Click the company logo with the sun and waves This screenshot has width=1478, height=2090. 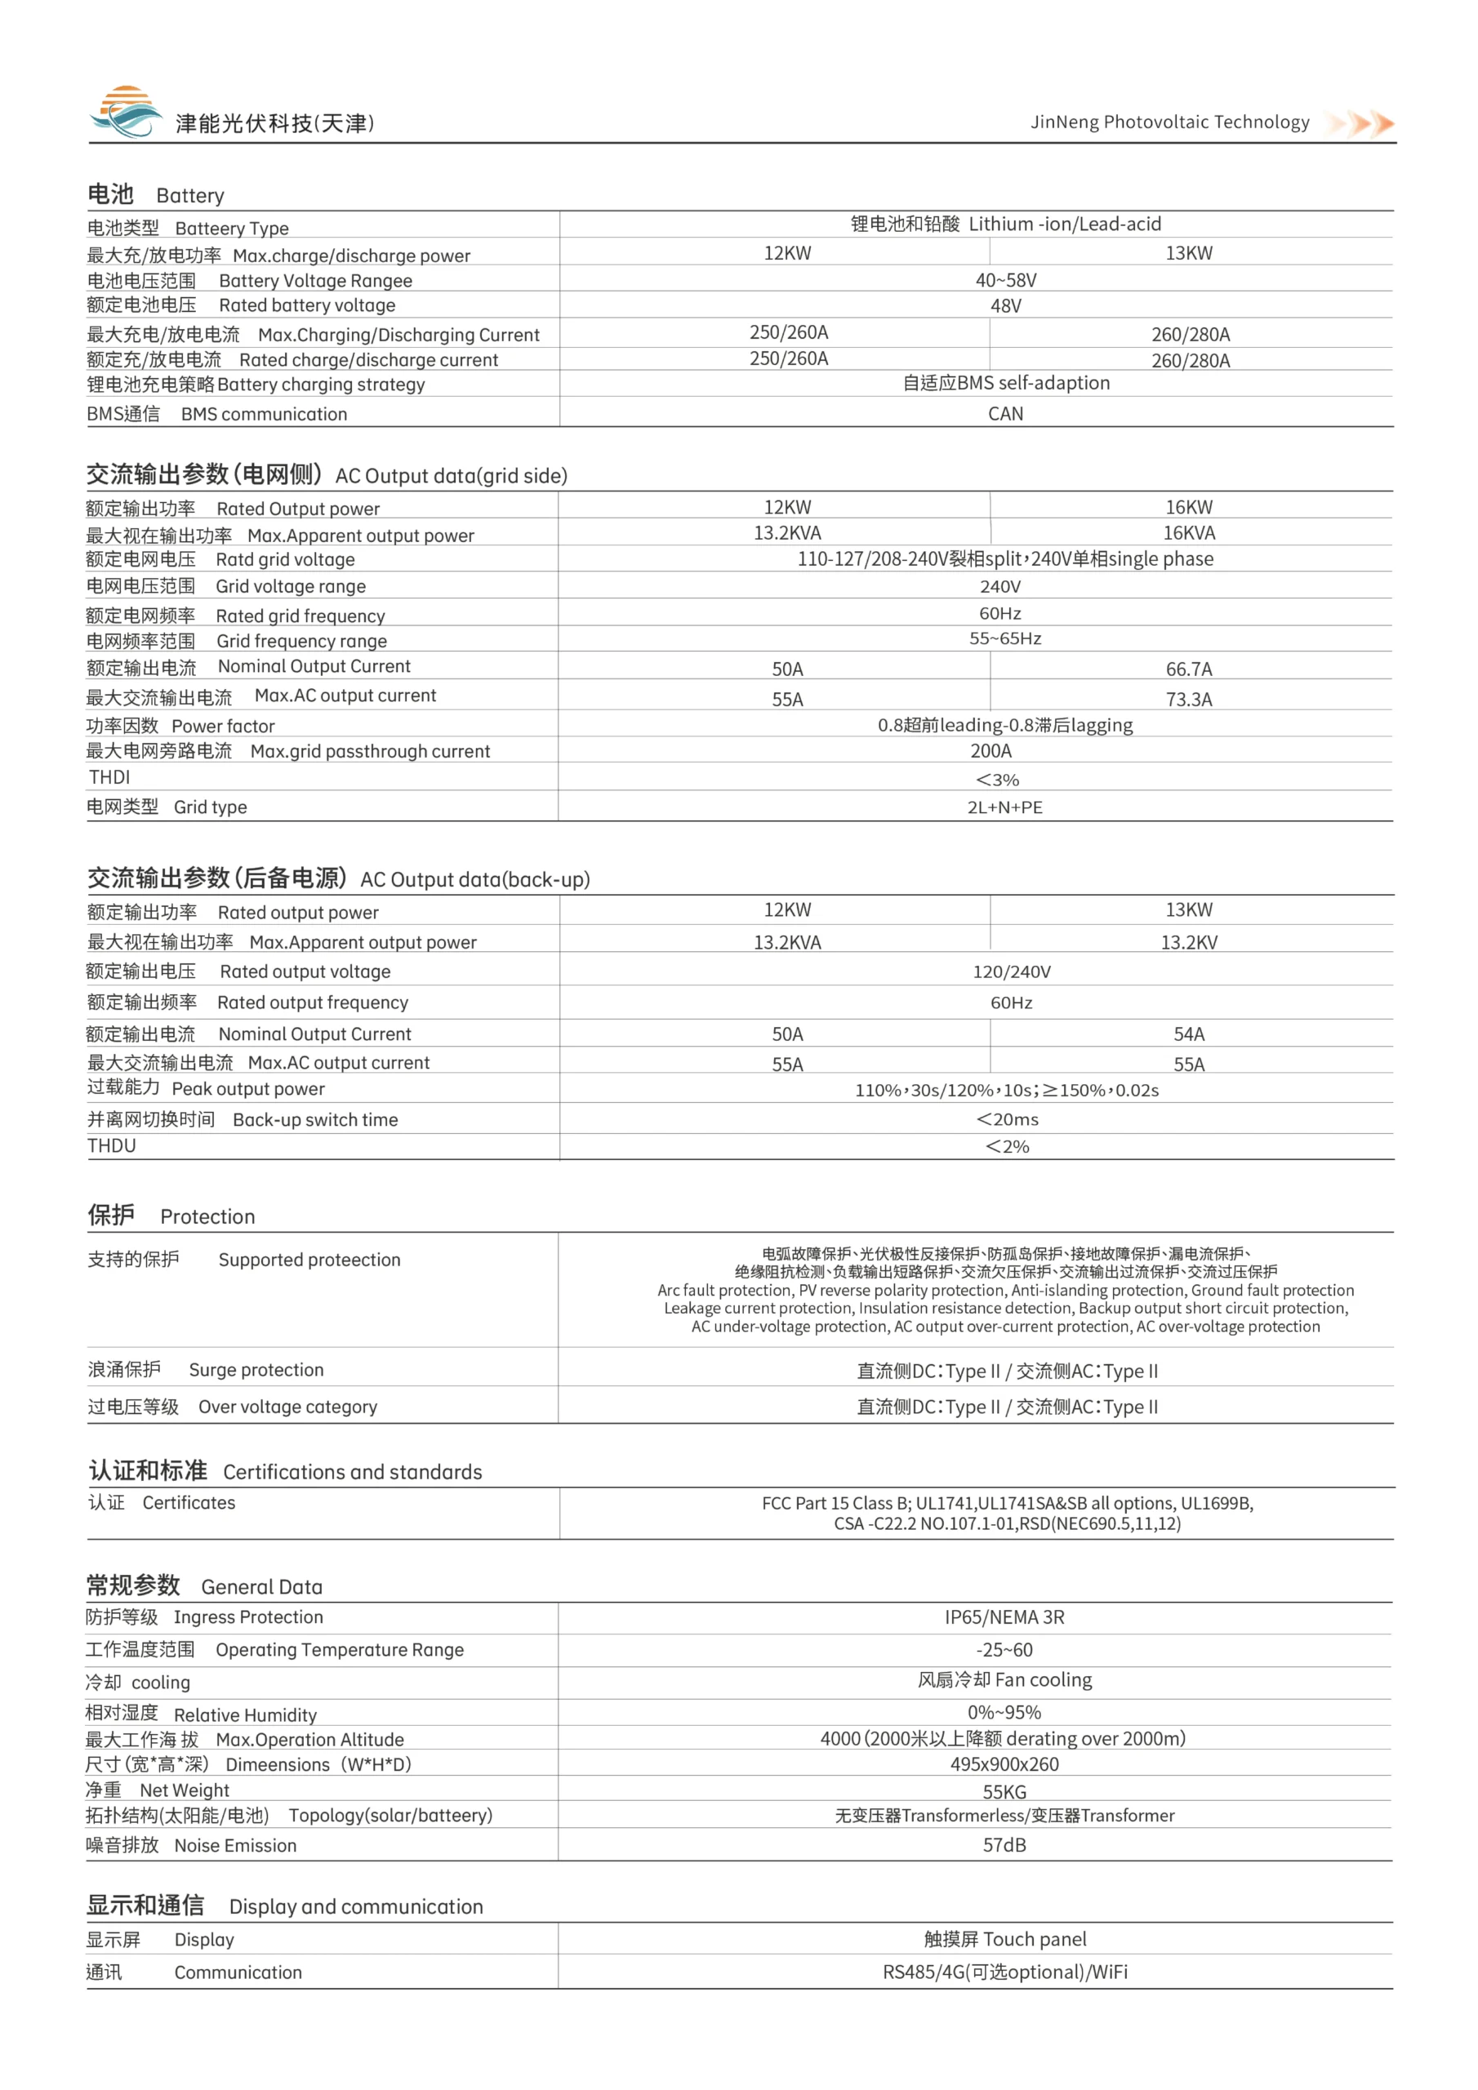pyautogui.click(x=126, y=113)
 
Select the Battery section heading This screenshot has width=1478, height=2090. pyautogui.click(x=156, y=195)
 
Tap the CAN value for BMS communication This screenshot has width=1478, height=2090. pyautogui.click(x=1005, y=414)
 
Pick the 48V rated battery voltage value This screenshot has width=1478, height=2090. pyautogui.click(x=1005, y=306)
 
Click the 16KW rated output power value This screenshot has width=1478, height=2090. pyautogui.click(x=1188, y=507)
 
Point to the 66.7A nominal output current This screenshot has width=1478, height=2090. pyautogui.click(x=1188, y=669)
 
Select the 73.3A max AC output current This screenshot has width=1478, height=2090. pyautogui.click(x=1188, y=699)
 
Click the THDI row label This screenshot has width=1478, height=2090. pyautogui.click(x=109, y=777)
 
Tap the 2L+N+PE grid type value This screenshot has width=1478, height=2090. pyautogui.click(x=1004, y=807)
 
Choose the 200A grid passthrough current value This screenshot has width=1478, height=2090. pyautogui.click(x=991, y=751)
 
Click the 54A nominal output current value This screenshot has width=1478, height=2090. pyautogui.click(x=1188, y=1034)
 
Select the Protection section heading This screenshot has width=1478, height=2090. pyautogui.click(x=171, y=1216)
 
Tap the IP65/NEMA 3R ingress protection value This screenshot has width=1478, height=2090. pyautogui.click(x=1004, y=1617)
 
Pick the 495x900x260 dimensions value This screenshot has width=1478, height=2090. pyautogui.click(x=1004, y=1764)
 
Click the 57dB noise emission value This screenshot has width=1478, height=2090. pyautogui.click(x=1004, y=1845)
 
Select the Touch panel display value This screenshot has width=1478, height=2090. pyautogui.click(x=1005, y=1939)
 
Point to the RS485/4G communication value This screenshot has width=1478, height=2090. pyautogui.click(x=1005, y=1972)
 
